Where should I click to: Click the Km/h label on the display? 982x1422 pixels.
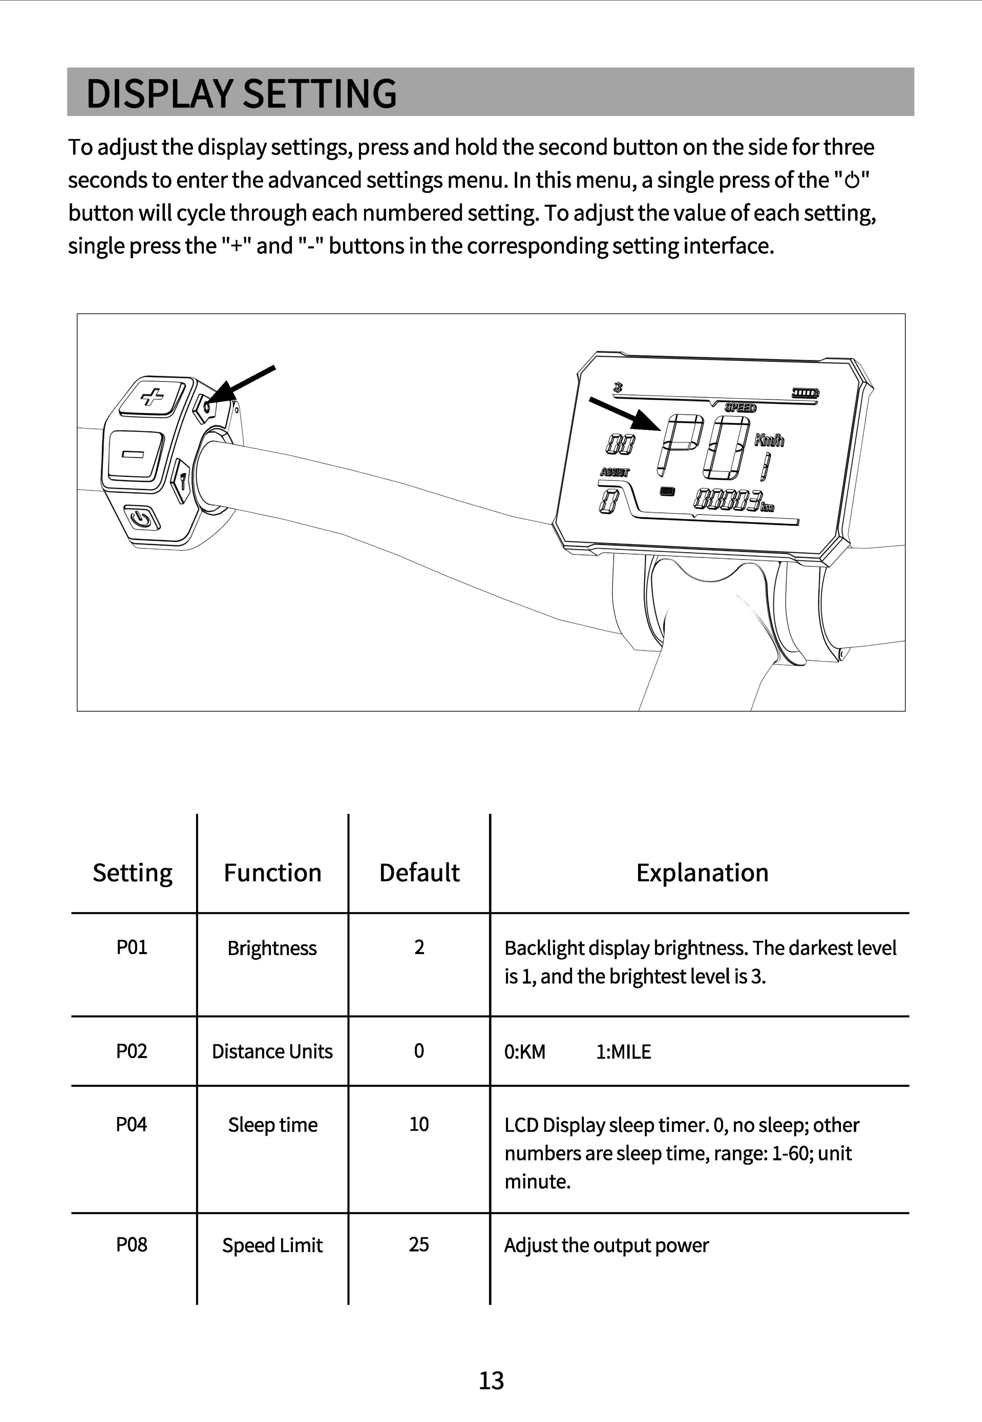[769, 440]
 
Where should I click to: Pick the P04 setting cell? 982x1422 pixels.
[132, 1124]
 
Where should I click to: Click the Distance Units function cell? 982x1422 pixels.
[272, 1051]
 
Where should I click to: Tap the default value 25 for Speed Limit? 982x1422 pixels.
[419, 1244]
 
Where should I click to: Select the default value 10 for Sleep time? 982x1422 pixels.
[419, 1124]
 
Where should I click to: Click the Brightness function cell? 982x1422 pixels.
[272, 948]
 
